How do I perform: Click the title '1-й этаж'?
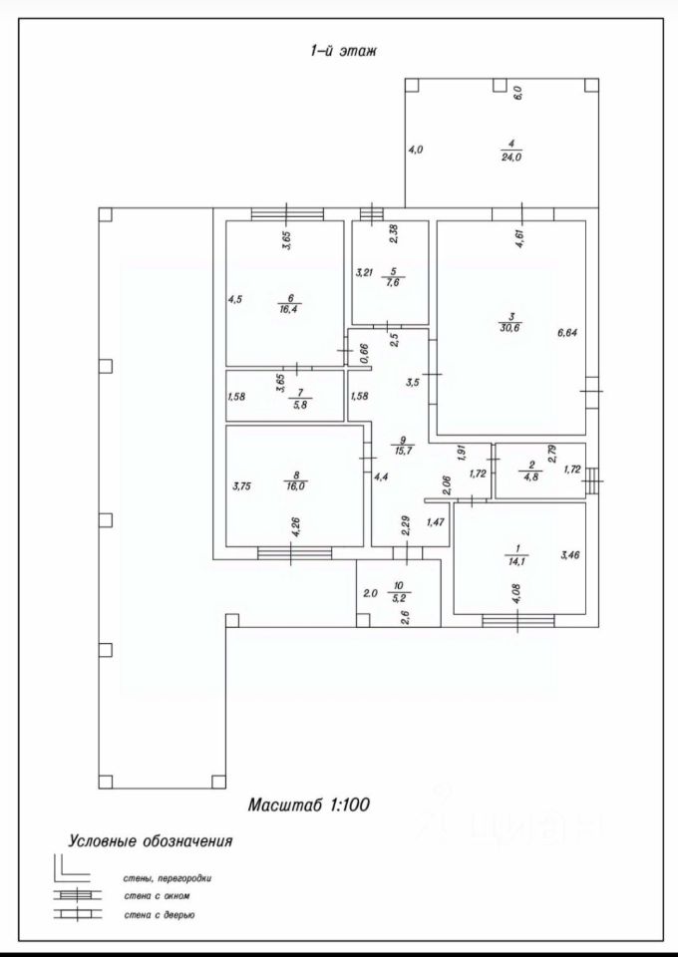(342, 50)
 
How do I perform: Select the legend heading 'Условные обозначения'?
(151, 840)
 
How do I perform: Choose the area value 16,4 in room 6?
(291, 309)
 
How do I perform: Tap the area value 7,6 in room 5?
(393, 281)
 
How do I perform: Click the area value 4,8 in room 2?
(532, 478)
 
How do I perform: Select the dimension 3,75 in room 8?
(240, 486)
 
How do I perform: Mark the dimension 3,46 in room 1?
(569, 555)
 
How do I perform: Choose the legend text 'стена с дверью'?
(159, 913)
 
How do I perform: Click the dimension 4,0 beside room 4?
(416, 150)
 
